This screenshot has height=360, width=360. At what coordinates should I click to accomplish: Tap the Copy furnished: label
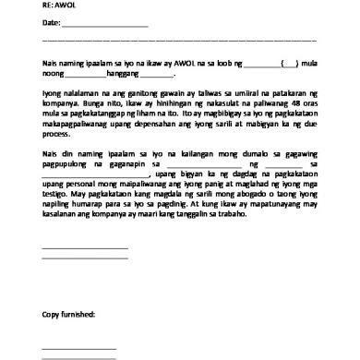pos(75,314)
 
